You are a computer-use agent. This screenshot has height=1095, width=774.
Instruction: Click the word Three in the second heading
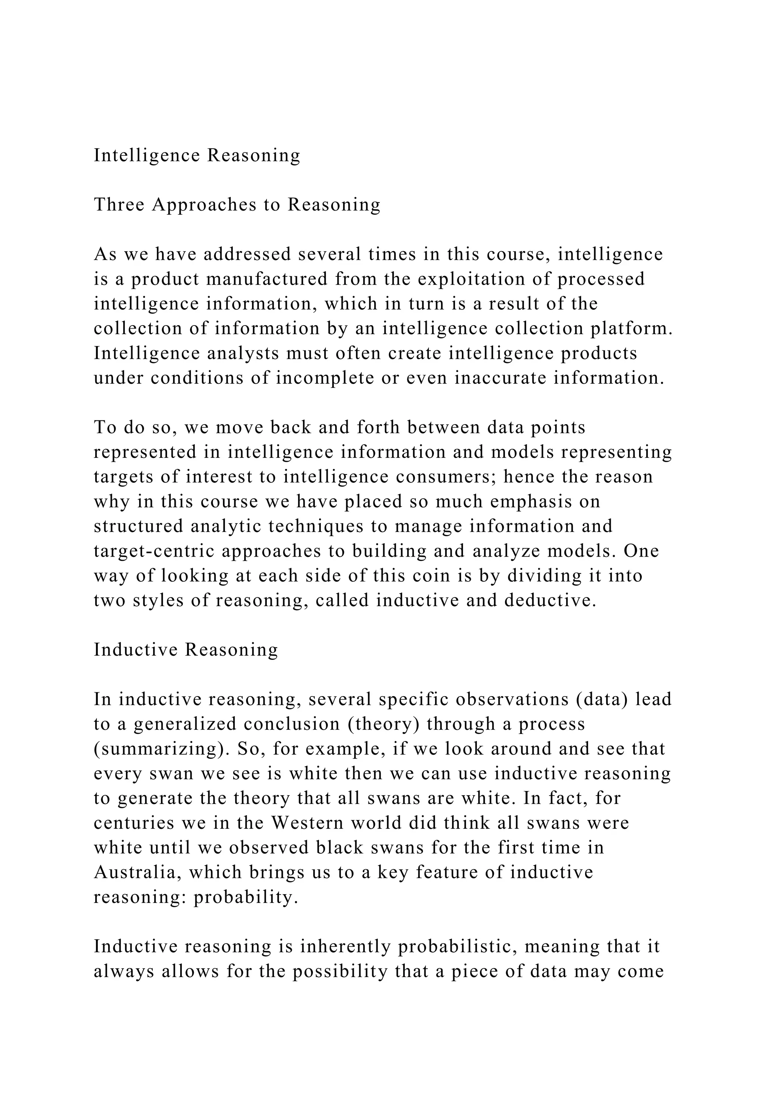(119, 205)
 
